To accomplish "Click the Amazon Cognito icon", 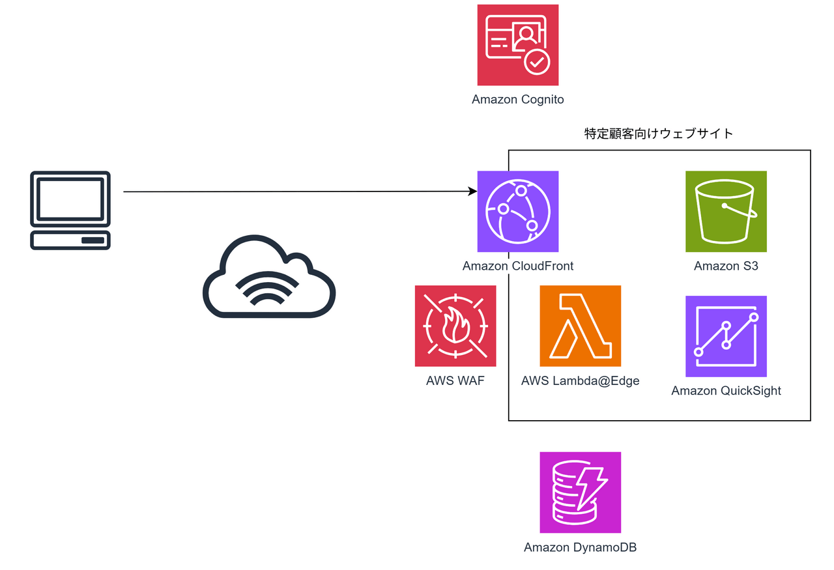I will (517, 45).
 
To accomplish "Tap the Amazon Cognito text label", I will (517, 100).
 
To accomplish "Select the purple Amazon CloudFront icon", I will (517, 211).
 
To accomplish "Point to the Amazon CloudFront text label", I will (517, 266).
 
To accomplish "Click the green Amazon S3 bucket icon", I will (726, 211).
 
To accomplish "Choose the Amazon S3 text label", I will (726, 266).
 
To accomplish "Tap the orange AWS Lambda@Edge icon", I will (580, 326).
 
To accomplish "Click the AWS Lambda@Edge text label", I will (580, 380).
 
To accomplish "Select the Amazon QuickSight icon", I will (726, 336).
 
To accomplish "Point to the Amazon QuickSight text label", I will (726, 391).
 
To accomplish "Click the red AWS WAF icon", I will (455, 326).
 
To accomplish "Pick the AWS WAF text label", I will (455, 380).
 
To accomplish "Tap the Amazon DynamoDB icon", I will (580, 492).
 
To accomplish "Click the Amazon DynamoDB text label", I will (580, 547).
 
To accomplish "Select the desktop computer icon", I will (70, 210).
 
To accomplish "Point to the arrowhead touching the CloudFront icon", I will (472, 192).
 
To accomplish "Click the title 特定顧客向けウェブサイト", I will (659, 134).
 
